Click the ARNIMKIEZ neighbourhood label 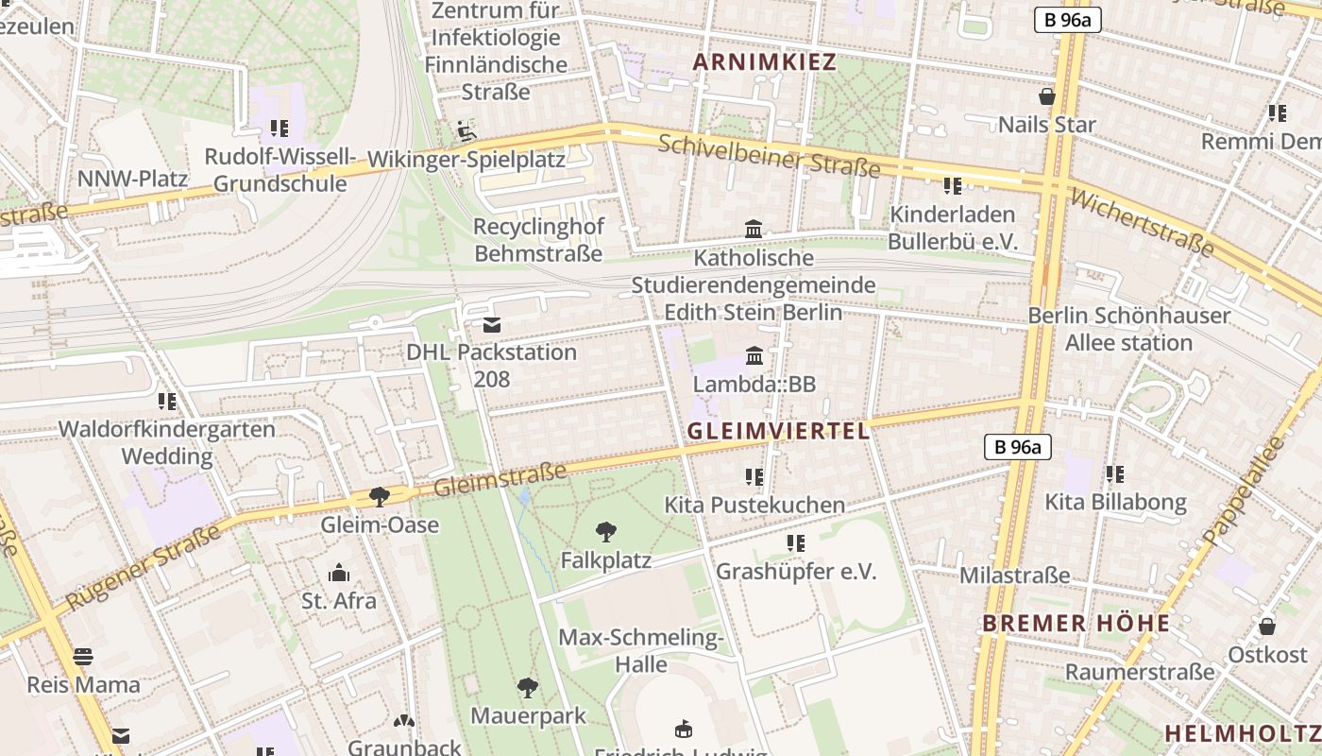765,62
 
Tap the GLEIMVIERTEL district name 778,431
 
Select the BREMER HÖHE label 1076,624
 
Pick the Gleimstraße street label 500,479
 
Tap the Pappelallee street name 1244,490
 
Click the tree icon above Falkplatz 606,532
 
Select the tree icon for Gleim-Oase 380,496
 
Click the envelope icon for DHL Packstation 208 492,326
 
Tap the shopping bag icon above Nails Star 1046,96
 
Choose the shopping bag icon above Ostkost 1267,627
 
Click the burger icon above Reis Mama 83,657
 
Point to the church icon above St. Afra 338,573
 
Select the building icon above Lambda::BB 754,356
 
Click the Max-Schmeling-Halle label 641,650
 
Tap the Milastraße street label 1014,576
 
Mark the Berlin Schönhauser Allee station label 1128,329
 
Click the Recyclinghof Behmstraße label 538,240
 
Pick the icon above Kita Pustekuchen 754,476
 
